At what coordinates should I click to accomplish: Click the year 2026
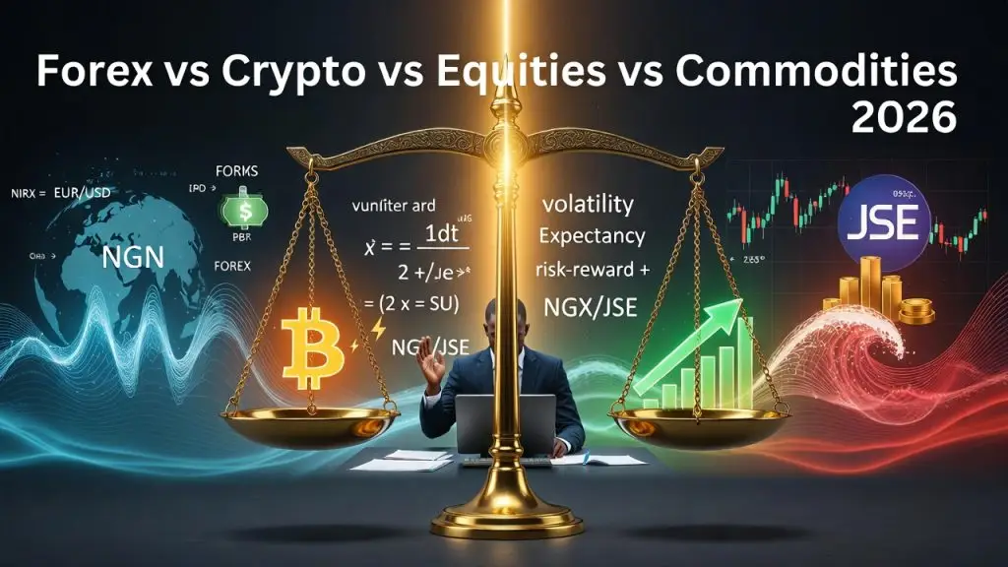[x=904, y=118]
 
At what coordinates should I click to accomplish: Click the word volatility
[x=588, y=205]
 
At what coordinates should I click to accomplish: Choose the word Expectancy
[x=593, y=236]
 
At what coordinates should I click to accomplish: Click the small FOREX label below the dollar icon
[x=231, y=266]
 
